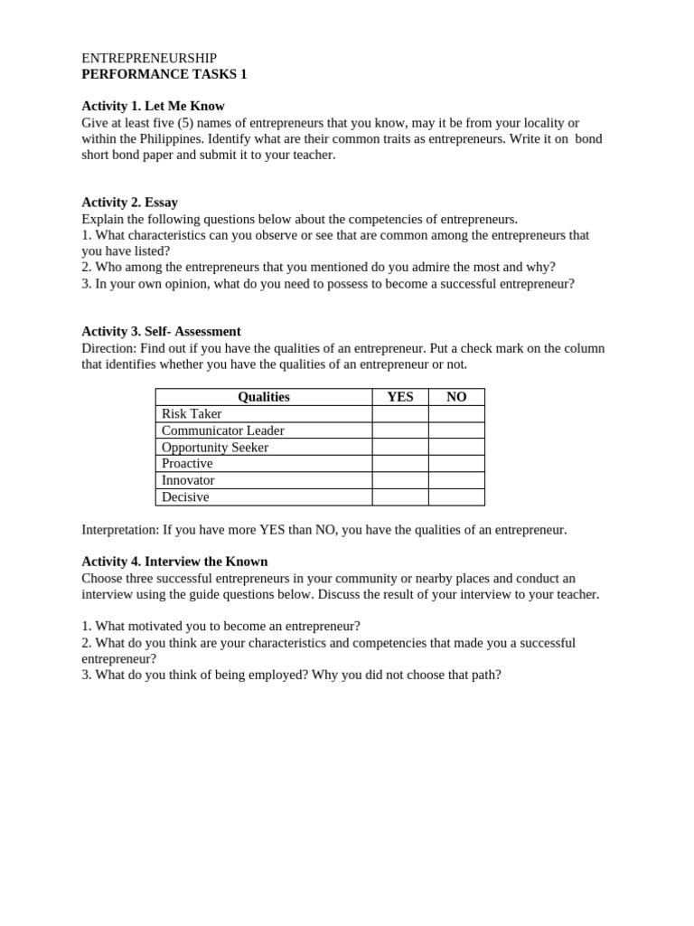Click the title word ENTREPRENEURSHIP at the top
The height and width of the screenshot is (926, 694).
[149, 58]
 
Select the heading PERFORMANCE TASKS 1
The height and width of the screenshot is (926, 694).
[164, 74]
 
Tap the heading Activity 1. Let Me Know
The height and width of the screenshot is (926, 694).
[153, 106]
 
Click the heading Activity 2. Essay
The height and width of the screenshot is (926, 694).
[129, 203]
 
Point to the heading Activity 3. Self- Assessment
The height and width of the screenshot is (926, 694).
[161, 332]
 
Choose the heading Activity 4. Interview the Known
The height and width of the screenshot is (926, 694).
[174, 562]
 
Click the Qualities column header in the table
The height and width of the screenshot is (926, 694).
[263, 397]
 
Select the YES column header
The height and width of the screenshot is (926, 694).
[399, 397]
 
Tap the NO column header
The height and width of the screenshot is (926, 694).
[456, 397]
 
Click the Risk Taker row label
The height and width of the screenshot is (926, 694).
[192, 414]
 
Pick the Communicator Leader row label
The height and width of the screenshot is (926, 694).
[222, 430]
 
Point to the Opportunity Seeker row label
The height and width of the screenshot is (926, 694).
[215, 448]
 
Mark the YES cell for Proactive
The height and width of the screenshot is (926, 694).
[399, 464]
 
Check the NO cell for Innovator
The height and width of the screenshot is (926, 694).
[456, 480]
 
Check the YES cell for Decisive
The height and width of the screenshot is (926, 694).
[399, 497]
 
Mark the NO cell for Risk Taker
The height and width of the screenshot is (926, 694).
[456, 414]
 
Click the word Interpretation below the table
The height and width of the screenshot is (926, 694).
[119, 530]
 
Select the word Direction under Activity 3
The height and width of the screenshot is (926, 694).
[108, 348]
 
